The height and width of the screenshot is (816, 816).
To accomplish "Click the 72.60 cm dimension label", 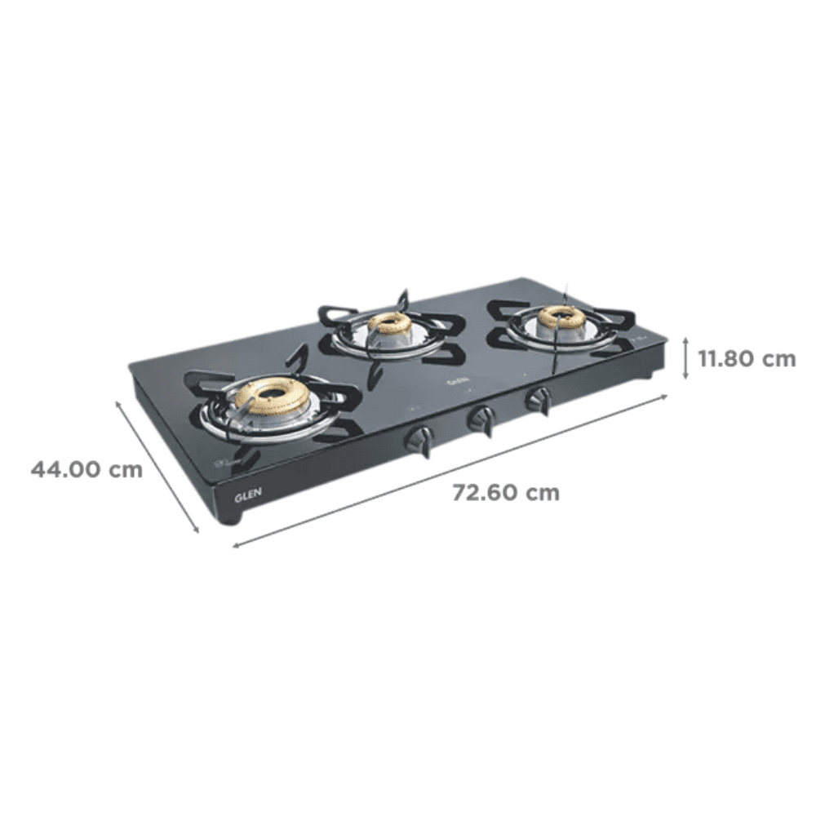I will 506,493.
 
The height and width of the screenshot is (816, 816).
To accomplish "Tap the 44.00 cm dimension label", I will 86,469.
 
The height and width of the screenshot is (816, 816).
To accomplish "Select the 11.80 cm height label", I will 746,358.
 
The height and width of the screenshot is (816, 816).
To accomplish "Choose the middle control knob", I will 480,419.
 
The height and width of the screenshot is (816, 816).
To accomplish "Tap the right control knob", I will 538,400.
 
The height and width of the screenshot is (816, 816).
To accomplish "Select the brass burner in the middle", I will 389,323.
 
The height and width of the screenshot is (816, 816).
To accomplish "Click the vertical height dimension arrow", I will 685,358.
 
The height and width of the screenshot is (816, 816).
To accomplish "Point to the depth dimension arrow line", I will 158,465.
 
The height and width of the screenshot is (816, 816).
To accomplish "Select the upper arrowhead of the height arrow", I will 685,339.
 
